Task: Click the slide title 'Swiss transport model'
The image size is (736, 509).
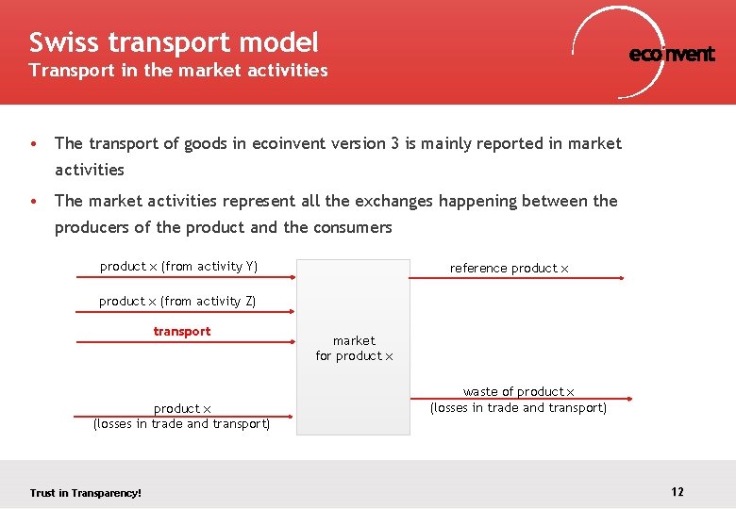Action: [174, 42]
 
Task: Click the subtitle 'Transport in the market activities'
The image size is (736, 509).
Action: [178, 71]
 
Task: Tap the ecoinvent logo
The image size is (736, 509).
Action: [671, 54]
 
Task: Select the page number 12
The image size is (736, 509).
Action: [677, 492]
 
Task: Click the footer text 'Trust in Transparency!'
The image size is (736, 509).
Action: [85, 493]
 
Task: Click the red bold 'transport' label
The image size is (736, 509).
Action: [182, 332]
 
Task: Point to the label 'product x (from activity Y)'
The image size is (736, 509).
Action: [178, 267]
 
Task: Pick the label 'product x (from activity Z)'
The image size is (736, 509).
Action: [177, 302]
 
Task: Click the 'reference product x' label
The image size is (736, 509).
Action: [510, 269]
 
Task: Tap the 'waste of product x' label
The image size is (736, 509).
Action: [518, 392]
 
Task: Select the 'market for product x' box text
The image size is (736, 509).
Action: [354, 348]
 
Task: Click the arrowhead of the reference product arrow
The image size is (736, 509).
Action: [620, 278]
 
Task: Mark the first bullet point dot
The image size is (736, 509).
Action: [34, 144]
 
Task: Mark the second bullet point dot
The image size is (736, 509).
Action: [34, 202]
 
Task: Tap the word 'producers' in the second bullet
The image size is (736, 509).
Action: [91, 227]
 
